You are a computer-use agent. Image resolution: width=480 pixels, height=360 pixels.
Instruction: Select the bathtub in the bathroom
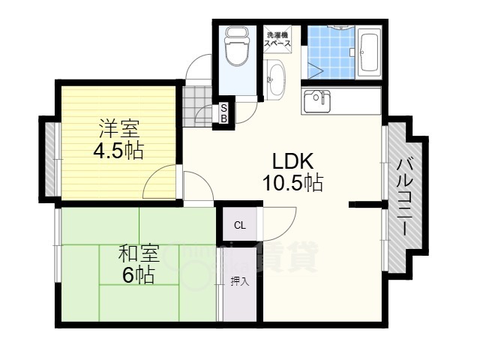pyautogui.click(x=369, y=52)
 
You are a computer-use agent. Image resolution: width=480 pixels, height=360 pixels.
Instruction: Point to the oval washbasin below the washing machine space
pyautogui.click(x=274, y=79)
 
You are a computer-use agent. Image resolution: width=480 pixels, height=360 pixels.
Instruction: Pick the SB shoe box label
pyautogui.click(x=223, y=114)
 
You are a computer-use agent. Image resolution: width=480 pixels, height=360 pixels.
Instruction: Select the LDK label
pyautogui.click(x=292, y=161)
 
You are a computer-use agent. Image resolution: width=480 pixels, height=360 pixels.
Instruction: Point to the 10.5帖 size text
pyautogui.click(x=292, y=182)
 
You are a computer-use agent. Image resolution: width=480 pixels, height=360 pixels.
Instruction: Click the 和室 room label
pyautogui.click(x=139, y=253)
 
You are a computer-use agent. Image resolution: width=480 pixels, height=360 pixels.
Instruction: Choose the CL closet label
pyautogui.click(x=239, y=225)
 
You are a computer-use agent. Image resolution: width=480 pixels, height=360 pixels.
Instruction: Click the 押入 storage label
pyautogui.click(x=239, y=282)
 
